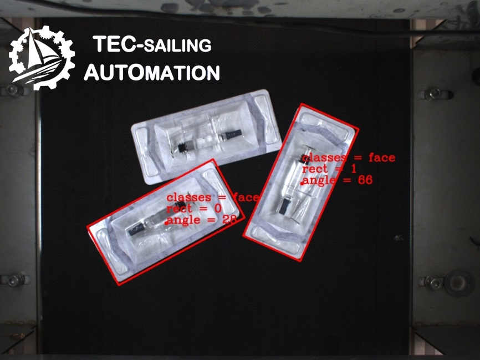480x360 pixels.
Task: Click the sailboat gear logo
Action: coord(42,58)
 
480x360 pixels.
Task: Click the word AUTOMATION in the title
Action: coord(152,73)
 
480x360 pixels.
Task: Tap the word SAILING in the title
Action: coord(177,45)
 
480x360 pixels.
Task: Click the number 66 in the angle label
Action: coord(365,180)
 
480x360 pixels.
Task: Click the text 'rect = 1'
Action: coord(329,169)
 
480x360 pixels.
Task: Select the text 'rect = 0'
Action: coord(194,209)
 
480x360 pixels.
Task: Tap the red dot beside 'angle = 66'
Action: coord(302,184)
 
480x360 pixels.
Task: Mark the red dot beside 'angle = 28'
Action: coord(166,223)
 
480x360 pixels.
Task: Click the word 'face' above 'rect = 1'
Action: coord(382,158)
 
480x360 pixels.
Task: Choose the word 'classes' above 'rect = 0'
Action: coord(189,197)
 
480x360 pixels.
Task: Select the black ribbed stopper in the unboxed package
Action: coord(182,146)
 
